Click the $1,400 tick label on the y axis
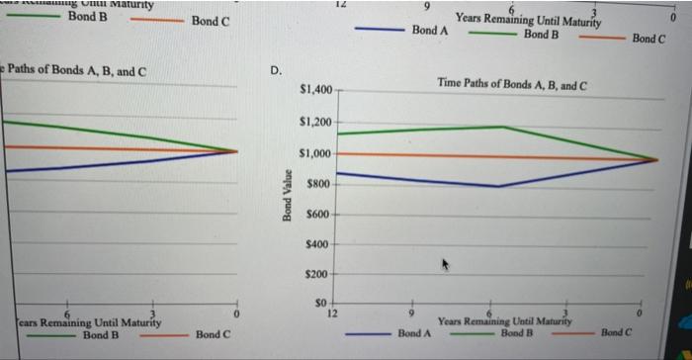click(317, 91)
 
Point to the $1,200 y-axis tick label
click(317, 123)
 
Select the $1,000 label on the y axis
click(317, 154)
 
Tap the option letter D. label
click(277, 69)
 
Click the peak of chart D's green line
click(503, 127)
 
